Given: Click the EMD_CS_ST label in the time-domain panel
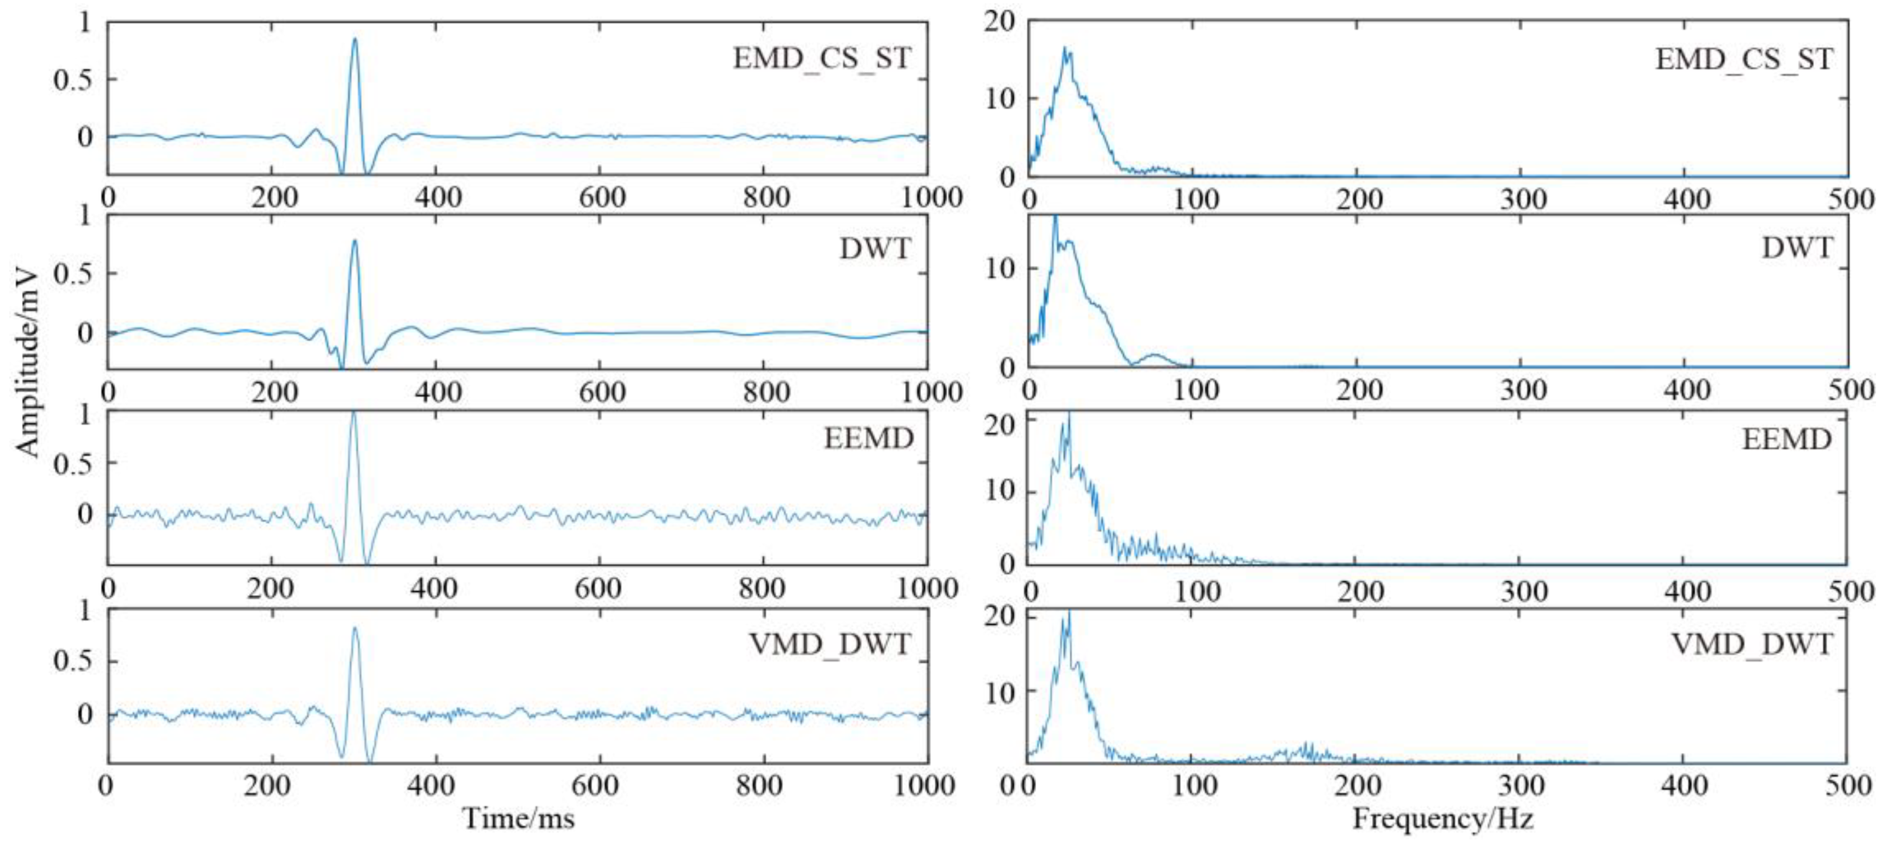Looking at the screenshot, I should pos(821,58).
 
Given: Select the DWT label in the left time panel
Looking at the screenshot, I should pos(875,249).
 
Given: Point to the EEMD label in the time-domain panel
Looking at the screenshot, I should pos(868,439).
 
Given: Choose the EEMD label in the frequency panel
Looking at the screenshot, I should pos(1787,439).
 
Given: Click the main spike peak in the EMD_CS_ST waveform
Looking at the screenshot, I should pos(355,39).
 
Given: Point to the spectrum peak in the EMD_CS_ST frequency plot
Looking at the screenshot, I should pos(1064,49).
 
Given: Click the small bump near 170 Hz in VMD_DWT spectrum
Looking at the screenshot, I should pos(1307,747).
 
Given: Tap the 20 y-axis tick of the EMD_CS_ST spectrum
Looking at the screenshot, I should pos(999,22).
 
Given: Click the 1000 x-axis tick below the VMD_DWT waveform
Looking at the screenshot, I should pos(924,786).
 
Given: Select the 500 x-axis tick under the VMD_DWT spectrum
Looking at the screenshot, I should pos(1848,786).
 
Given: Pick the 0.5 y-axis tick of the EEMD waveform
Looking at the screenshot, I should pos(73,464).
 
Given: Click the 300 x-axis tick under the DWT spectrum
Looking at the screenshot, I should pos(1523,390).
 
